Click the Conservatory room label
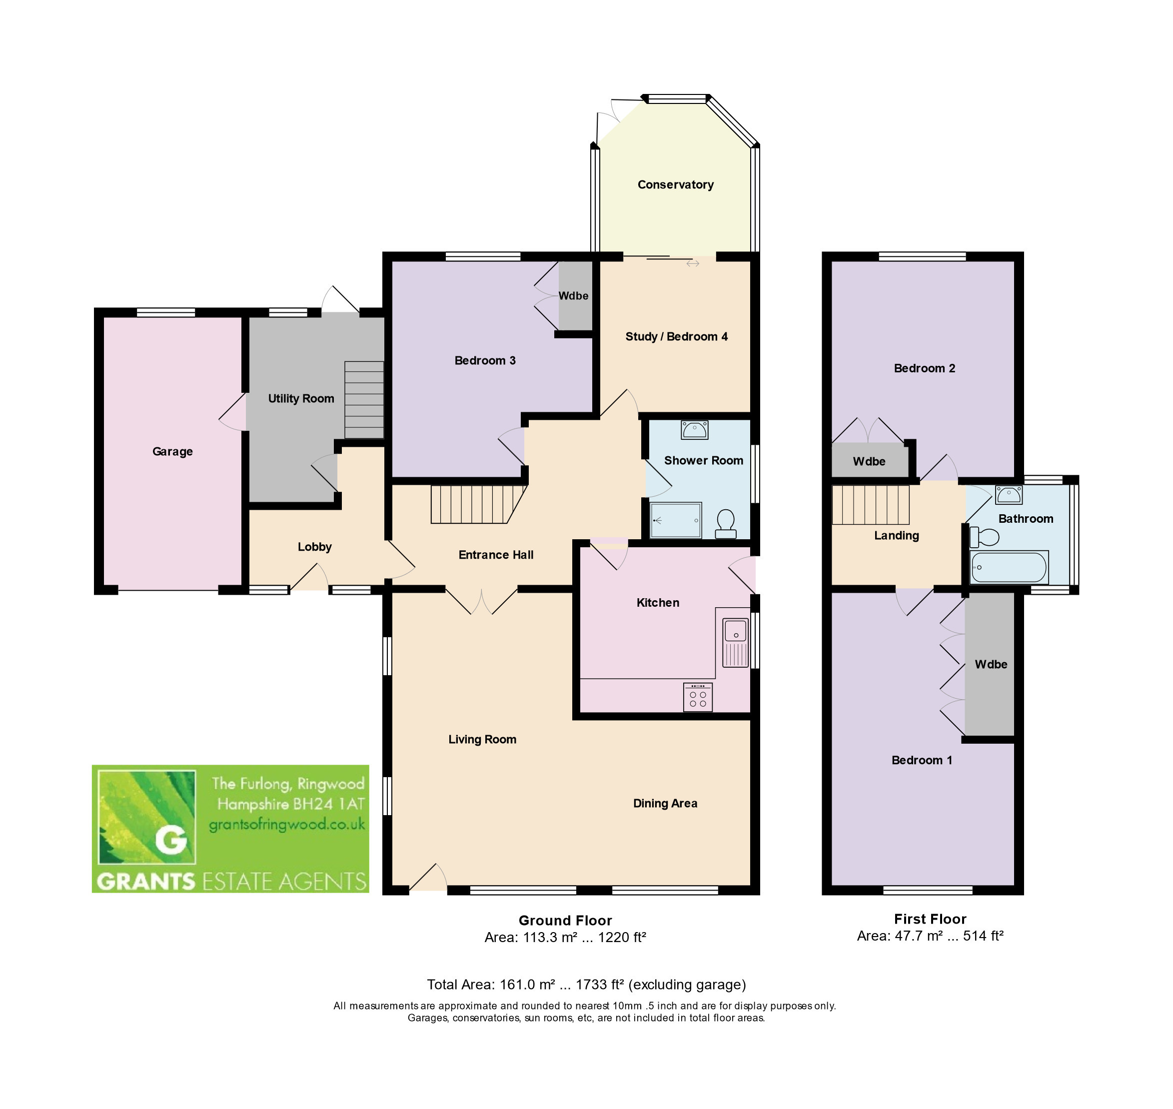pos(675,184)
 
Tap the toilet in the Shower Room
pos(725,524)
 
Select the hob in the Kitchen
pos(698,698)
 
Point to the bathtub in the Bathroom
pos(1009,568)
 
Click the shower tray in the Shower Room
pos(676,520)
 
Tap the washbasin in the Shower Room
pos(695,430)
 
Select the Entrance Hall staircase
pos(478,504)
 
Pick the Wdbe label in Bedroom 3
pos(573,295)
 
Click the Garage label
pos(172,452)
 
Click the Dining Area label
pos(665,803)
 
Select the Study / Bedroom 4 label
pos(676,336)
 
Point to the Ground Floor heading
pos(565,921)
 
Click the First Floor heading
pos(930,919)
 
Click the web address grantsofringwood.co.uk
pos(287,825)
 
